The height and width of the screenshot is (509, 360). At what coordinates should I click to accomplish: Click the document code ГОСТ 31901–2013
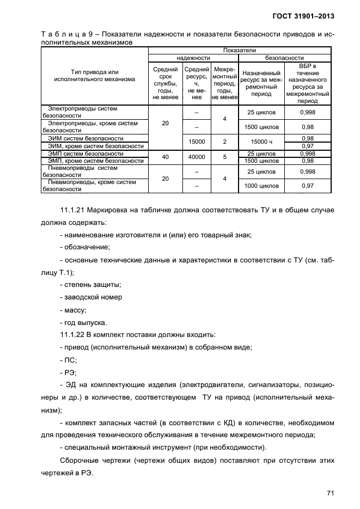point(301,16)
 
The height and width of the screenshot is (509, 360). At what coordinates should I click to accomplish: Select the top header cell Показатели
point(240,50)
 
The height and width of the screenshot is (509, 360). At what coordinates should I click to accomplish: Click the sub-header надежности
point(193,57)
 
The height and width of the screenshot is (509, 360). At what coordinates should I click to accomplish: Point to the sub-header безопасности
point(284,57)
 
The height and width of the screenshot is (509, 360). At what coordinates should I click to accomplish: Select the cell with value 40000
point(197,157)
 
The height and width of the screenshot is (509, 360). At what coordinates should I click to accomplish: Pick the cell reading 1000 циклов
point(261,186)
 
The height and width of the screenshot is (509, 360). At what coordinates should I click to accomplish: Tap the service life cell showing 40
point(166,157)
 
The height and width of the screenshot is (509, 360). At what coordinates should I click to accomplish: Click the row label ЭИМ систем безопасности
point(86,138)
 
